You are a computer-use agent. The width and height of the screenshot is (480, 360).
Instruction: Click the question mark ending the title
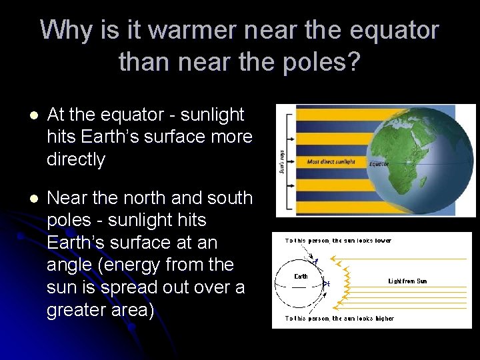point(353,62)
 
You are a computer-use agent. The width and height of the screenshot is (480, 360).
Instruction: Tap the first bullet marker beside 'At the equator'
point(26,115)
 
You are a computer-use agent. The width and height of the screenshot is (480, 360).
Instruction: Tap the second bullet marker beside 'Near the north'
point(26,198)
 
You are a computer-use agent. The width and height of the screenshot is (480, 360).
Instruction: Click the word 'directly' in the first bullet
point(76,159)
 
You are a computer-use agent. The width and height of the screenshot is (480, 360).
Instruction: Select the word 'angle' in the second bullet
point(71,265)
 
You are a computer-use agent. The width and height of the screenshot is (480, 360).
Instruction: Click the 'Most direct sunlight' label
point(331,161)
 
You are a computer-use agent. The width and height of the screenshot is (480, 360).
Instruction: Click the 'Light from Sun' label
point(407,281)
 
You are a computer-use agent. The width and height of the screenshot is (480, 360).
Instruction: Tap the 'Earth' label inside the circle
point(301,275)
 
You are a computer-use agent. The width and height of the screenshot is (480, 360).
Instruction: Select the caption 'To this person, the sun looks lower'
point(339,241)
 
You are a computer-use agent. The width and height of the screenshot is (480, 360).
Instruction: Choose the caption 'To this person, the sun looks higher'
point(339,318)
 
